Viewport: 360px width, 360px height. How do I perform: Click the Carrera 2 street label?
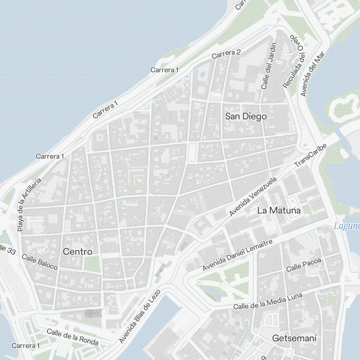226,54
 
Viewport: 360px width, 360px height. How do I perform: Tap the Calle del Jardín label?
269,66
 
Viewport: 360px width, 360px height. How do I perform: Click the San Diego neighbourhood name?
246,116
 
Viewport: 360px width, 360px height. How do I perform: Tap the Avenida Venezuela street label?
253,196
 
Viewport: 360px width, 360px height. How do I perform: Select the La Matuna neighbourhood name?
279,211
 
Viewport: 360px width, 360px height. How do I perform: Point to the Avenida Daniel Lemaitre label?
237,255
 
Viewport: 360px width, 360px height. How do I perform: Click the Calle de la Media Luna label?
267,301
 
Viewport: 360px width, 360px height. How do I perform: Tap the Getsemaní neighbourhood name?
294,338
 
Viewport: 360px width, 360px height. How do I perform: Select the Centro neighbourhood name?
77,252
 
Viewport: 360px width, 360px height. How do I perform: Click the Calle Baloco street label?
40,262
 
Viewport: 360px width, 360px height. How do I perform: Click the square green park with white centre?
138,180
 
